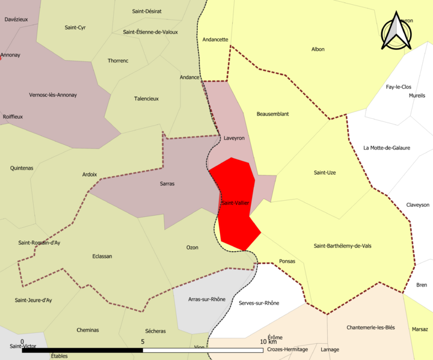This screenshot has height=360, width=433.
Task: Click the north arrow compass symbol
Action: (395, 31)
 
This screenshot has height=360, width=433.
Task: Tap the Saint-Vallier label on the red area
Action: (235, 203)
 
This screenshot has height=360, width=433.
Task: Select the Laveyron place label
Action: (234, 138)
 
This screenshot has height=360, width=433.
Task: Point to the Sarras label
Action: (167, 184)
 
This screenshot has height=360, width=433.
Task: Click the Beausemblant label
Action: (272, 114)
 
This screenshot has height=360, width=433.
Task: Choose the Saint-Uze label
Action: (325, 173)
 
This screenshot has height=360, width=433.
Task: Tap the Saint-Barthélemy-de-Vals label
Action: (343, 246)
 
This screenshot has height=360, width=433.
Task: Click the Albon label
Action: (318, 49)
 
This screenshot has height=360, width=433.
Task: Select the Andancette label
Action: (215, 40)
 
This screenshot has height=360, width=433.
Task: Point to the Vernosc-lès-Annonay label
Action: (53, 95)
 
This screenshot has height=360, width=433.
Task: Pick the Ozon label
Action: (192, 248)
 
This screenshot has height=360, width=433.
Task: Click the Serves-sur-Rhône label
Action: (259, 303)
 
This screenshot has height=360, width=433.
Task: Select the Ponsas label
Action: (287, 261)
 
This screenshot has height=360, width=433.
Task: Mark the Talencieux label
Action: (146, 99)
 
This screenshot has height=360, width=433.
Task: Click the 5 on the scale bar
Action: (143, 342)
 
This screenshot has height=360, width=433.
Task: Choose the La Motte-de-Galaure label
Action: (387, 148)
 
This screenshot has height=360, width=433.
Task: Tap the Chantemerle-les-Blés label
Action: (370, 328)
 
